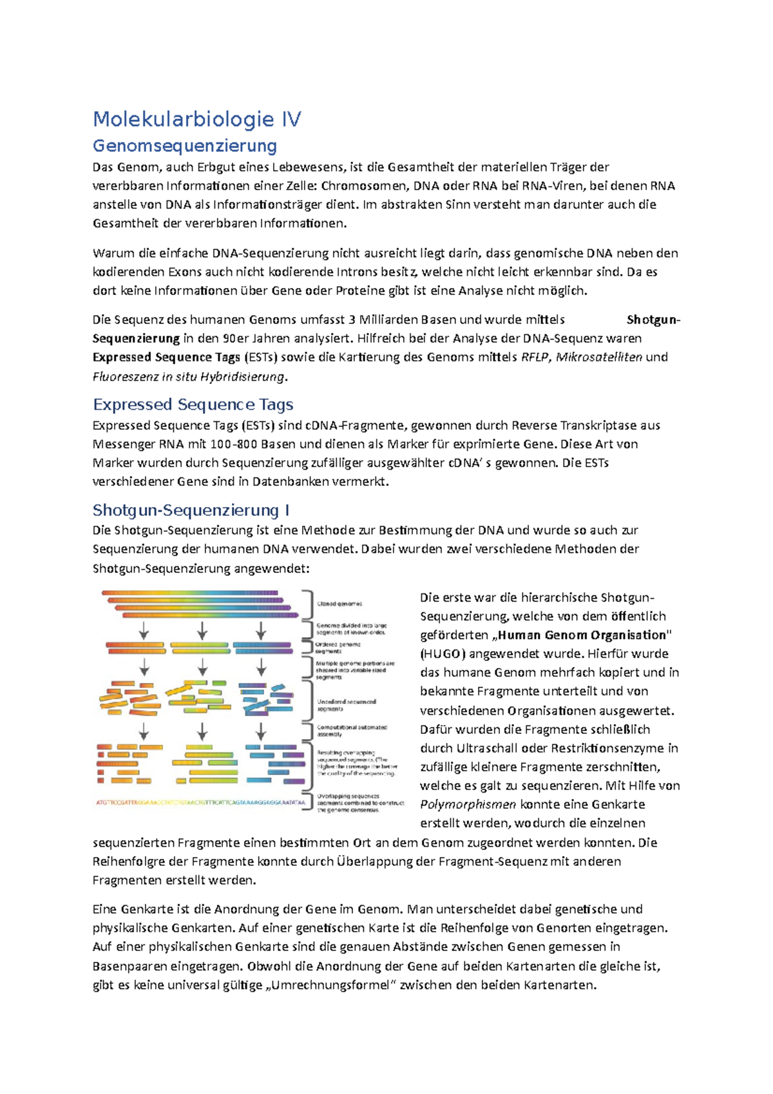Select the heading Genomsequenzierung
click(x=185, y=146)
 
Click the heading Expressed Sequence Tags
click(x=193, y=405)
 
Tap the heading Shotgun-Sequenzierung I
click(x=191, y=510)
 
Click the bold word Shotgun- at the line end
click(x=653, y=320)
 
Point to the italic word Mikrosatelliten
click(x=598, y=357)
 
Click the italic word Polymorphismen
click(x=468, y=805)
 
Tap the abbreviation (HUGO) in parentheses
click(x=443, y=654)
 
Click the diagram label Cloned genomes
click(x=339, y=604)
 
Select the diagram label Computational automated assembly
click(x=352, y=731)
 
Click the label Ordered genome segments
click(x=338, y=648)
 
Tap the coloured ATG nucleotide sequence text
click(x=200, y=803)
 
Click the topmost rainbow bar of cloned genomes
click(x=189, y=593)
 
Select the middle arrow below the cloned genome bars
click(x=202, y=630)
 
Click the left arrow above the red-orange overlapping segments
click(x=144, y=731)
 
